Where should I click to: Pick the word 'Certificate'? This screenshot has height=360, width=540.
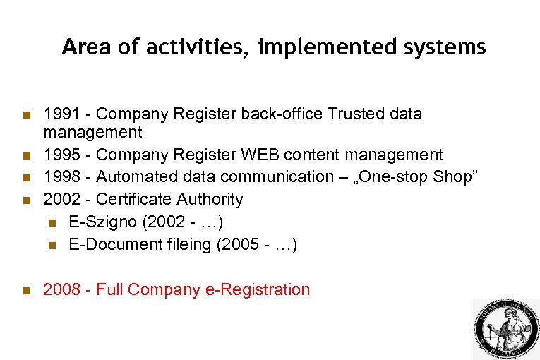coord(134,200)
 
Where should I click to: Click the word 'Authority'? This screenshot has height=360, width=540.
coord(210,200)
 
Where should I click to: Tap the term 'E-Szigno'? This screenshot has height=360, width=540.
coord(103,222)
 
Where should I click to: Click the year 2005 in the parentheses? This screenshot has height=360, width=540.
coord(247,245)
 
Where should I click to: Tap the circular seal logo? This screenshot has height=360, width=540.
coord(505,329)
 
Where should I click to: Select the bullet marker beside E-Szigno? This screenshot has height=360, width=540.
coord(52,223)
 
